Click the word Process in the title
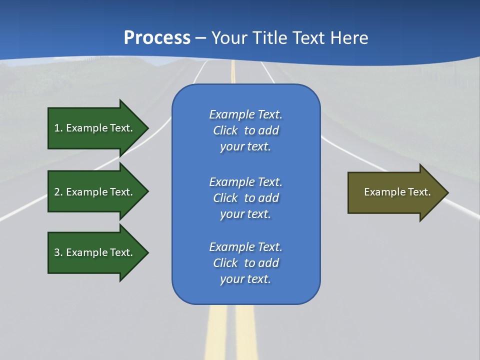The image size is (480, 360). coord(157,38)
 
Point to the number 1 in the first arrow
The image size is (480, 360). coord(57,128)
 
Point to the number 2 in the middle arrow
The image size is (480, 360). coord(57,192)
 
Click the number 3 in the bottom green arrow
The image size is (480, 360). coord(57,252)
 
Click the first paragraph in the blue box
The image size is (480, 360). coord(245,130)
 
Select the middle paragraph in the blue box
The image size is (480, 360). coord(245,197)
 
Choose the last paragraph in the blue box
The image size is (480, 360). coord(245,263)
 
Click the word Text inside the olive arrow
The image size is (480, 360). coord(419,192)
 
